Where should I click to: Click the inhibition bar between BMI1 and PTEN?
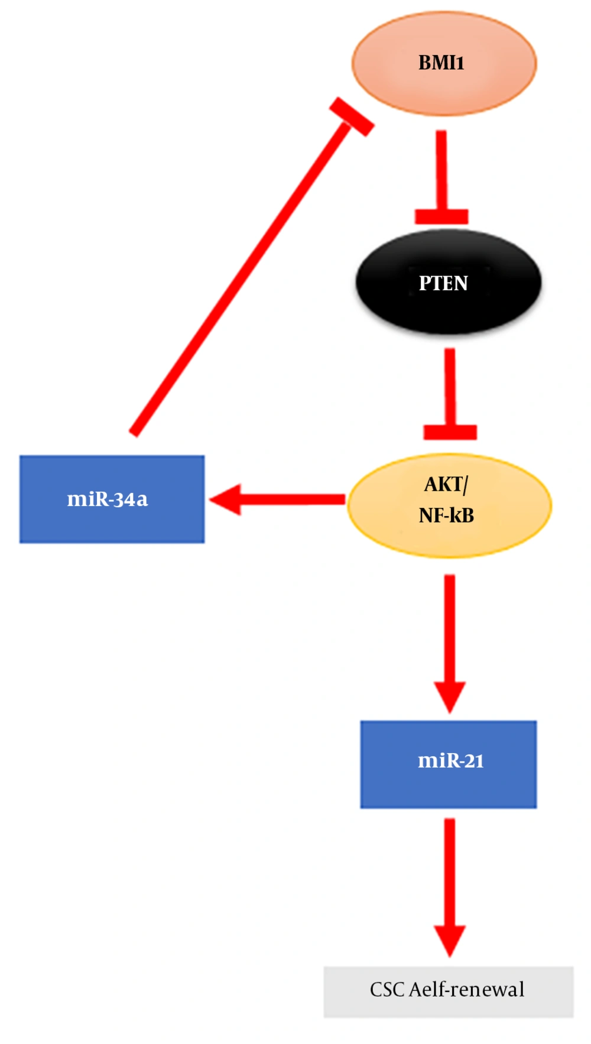pos(441,216)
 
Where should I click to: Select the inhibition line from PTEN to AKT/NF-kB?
pos(450,390)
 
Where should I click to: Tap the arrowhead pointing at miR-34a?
pos(228,500)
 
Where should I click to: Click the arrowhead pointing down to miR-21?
pos(450,696)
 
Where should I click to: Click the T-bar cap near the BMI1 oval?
pos(352,116)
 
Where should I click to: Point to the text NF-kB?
pos(446,515)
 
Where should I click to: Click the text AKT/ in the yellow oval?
pos(446,485)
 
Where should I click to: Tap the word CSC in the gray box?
pos(387,990)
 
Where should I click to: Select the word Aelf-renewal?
pos(466,990)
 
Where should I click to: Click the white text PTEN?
pos(443,283)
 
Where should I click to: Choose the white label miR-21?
pos(451,760)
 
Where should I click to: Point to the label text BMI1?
pos(441,63)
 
